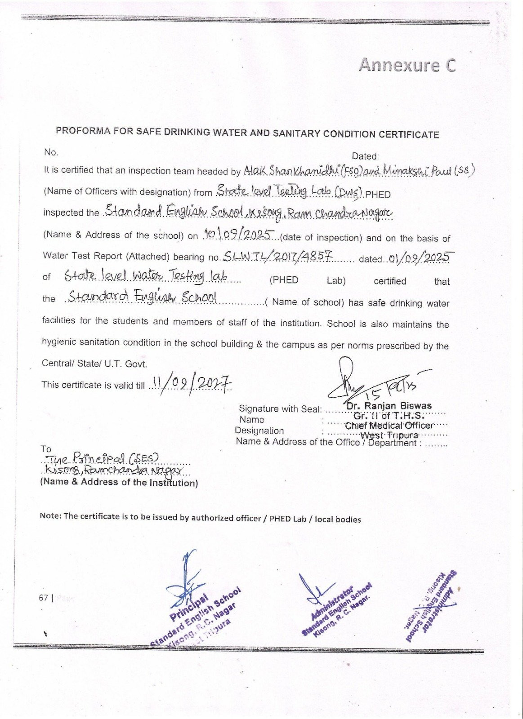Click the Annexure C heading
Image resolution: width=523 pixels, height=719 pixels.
pos(407,66)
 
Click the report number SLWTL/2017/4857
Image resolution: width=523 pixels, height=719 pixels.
pos(277,256)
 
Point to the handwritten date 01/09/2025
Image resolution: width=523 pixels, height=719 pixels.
pos(419,257)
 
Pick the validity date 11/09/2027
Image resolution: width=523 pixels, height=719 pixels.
pos(191,384)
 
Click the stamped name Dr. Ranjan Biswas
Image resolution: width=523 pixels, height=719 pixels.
pos(389,406)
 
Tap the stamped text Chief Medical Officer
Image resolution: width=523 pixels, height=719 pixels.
pos(389,425)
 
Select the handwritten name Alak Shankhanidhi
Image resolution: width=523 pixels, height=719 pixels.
pos(291,170)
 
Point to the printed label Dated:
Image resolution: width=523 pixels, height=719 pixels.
pos(365,156)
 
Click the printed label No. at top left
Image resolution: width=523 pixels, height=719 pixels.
pos(51,152)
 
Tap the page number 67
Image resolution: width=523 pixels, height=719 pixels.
pos(43,598)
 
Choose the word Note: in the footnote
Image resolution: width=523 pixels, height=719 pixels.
pos(50,515)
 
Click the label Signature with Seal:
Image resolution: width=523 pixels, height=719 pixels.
pos(280,408)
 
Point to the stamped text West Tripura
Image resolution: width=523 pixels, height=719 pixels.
pos(389,435)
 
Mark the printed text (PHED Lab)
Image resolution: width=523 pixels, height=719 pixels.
pos(308,280)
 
